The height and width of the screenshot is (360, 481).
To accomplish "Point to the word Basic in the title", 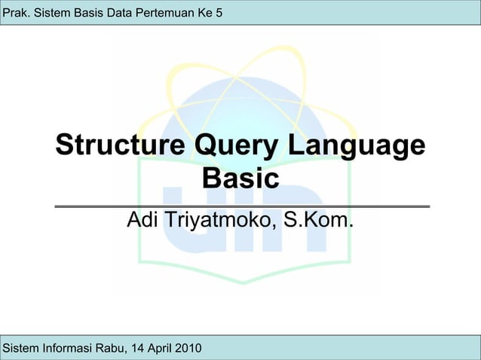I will pos(241,180).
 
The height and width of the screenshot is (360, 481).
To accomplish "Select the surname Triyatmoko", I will pos(219,221).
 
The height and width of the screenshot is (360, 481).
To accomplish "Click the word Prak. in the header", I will pos(17,11).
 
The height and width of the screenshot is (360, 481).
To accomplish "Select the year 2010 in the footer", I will pos(187,348).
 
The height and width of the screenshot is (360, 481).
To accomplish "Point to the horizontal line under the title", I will pos(241,206).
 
